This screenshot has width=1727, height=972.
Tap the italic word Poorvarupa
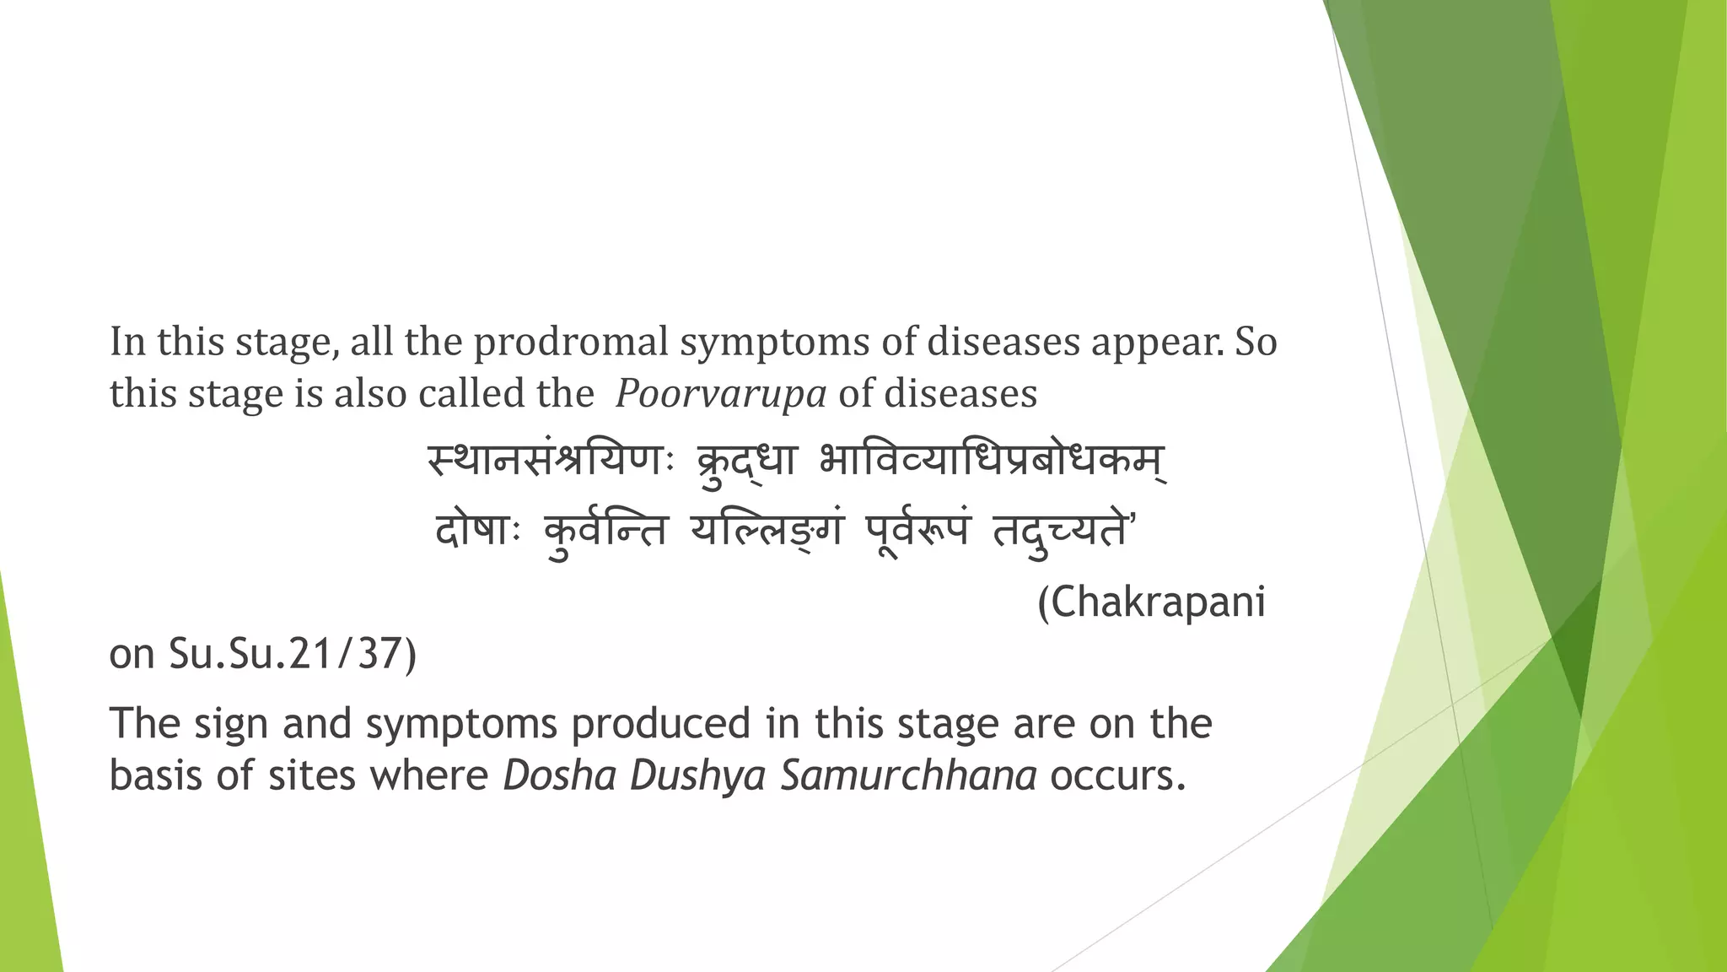[720, 394]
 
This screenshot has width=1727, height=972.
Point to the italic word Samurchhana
[908, 775]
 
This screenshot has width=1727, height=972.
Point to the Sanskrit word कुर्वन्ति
[605, 532]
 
